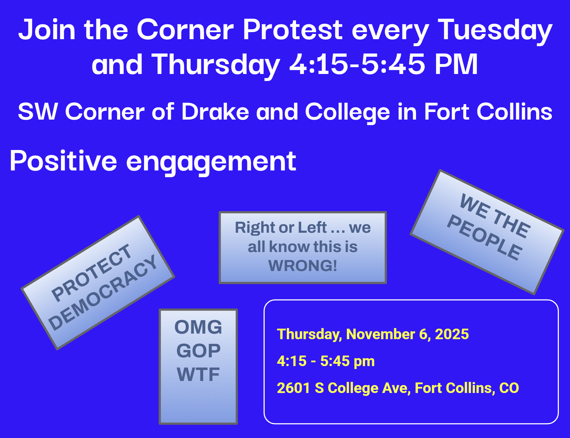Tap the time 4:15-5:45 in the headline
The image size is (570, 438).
point(357,64)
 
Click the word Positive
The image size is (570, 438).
point(63,161)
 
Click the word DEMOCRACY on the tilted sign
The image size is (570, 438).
point(103,292)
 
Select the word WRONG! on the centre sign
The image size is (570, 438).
point(303,265)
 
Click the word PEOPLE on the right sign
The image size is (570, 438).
point(485,237)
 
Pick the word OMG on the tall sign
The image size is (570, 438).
point(198,327)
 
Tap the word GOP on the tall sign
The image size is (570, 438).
point(198,351)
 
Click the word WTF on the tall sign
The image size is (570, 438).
point(198,374)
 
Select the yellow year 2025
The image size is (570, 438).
point(452,334)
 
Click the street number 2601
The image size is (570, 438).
point(293,388)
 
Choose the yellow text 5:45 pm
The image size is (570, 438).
point(347,361)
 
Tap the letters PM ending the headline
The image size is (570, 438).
point(456,64)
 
